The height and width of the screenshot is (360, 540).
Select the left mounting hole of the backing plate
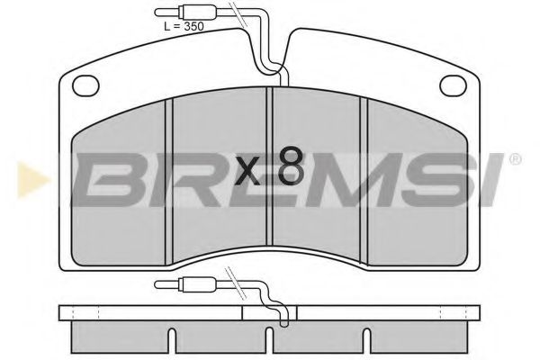click(x=85, y=86)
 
